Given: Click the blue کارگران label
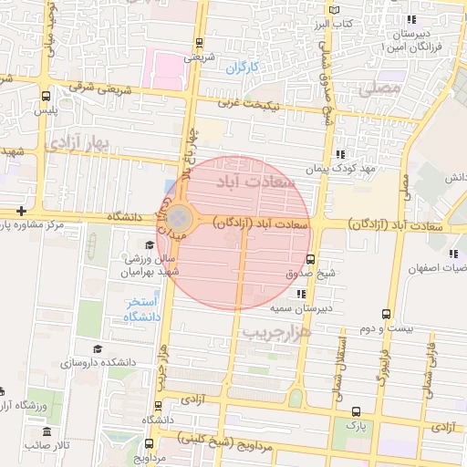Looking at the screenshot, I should tap(244, 67).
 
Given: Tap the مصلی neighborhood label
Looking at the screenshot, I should tap(379, 88).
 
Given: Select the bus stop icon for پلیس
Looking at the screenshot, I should tap(46, 95).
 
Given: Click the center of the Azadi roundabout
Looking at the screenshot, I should tap(179, 218).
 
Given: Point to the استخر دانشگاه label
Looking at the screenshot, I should tap(142, 309).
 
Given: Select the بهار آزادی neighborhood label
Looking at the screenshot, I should tap(78, 141).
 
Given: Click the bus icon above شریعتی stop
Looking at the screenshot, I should tap(199, 42).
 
